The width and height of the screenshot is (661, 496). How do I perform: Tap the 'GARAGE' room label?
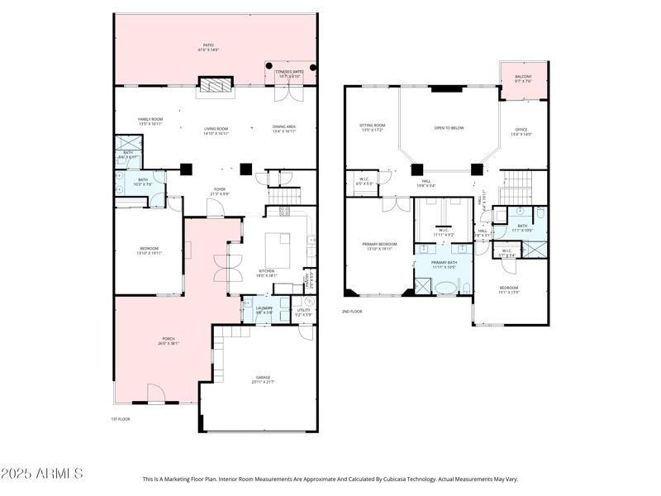pos(262,378)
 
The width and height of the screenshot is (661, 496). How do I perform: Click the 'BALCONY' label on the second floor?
pos(523,77)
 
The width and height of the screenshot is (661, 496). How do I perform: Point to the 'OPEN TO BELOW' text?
pos(449,128)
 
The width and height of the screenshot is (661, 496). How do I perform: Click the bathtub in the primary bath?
pos(446,289)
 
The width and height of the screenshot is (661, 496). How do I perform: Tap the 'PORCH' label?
pos(169,339)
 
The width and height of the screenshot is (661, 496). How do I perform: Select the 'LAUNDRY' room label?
pos(264,308)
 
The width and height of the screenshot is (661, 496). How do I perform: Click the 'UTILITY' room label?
pos(303,311)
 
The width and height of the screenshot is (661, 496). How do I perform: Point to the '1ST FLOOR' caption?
pos(121,419)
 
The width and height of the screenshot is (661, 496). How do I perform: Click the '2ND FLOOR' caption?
pos(352,312)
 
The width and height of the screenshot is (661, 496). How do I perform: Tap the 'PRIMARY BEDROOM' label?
pos(380,244)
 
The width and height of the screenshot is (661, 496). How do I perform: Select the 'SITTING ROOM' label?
pos(373,126)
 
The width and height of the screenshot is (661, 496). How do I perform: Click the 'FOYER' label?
pos(220,189)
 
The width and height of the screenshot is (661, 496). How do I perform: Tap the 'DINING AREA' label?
pos(283,126)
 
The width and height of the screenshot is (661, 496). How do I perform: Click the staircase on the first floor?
pos(286,197)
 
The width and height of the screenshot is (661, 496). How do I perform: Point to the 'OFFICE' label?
pos(521,130)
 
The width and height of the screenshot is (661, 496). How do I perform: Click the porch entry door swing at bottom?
pos(157,394)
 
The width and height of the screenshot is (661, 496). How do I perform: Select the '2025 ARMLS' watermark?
pos(41,474)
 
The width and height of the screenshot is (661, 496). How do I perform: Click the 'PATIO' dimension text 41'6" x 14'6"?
pos(207,50)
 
